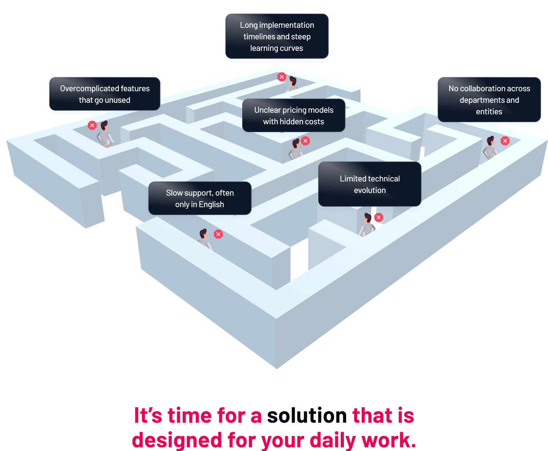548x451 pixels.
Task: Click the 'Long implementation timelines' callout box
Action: click(277, 36)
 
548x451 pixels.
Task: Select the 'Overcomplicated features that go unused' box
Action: click(105, 94)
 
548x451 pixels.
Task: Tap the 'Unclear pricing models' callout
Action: click(294, 115)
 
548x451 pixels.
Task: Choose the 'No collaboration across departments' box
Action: click(489, 100)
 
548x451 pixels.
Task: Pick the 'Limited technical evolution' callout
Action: click(369, 184)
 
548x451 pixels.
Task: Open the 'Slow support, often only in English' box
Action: click(200, 198)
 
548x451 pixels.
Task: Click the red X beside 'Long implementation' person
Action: click(282, 77)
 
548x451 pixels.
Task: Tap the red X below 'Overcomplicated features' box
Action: click(92, 125)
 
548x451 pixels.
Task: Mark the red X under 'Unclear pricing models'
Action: click(305, 141)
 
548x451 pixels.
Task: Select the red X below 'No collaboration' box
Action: click(505, 141)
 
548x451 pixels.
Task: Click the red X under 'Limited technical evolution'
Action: click(378, 217)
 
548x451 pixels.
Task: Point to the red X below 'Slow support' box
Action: click(218, 234)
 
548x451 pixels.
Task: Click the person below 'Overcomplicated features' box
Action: click(105, 134)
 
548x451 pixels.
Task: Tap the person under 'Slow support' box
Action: click(205, 239)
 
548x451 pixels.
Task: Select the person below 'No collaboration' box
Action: click(490, 148)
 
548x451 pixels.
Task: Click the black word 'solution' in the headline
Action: click(307, 415)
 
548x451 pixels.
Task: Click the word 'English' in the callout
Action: click(211, 205)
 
